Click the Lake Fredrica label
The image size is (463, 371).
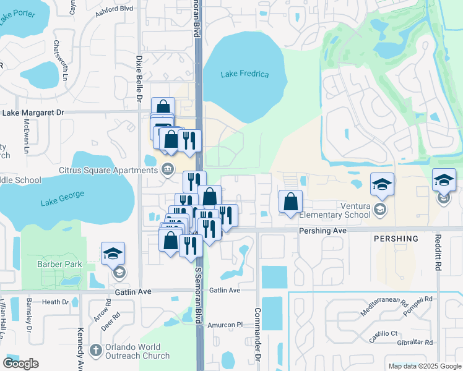(245, 75)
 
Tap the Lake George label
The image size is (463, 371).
(61, 202)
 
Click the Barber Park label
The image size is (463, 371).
(64, 264)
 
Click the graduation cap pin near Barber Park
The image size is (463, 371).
(113, 254)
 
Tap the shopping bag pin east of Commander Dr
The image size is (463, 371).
(290, 202)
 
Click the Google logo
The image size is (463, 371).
(20, 364)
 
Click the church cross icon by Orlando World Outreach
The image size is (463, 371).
(95, 351)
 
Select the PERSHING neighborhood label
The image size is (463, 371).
(396, 238)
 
